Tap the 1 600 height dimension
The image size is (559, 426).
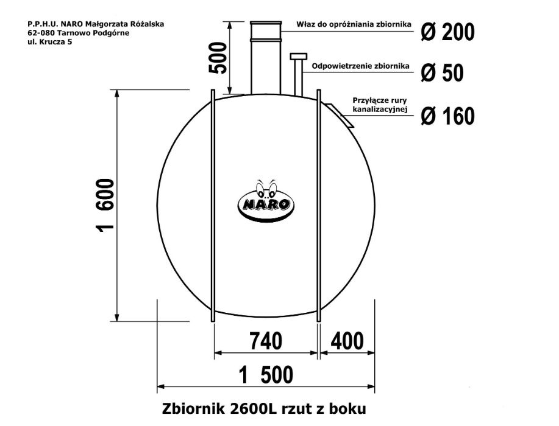coord(105,206)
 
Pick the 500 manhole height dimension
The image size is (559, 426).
coord(218,58)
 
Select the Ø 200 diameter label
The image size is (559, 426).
coord(447,31)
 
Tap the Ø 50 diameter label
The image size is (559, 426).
coord(442,73)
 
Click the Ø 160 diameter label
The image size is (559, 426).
coord(447,116)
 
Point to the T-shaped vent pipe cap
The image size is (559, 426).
coord(299,57)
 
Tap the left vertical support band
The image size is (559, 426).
coord(212,207)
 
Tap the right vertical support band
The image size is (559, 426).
coord(318,207)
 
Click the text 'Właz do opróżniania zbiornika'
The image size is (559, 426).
coord(353,25)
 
